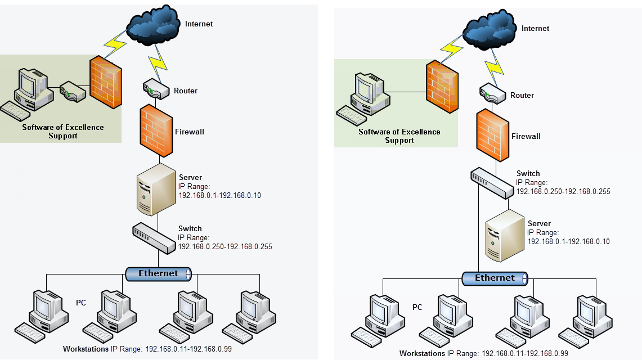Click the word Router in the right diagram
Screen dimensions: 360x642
(x=522, y=96)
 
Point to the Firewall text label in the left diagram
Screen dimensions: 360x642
(x=189, y=132)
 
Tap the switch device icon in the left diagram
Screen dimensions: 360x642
(x=154, y=237)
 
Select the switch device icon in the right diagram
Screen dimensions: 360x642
(x=491, y=182)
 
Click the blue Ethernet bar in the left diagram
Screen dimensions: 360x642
(x=158, y=274)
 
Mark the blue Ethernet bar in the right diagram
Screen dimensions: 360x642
(x=495, y=278)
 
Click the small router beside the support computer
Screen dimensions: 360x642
(x=72, y=91)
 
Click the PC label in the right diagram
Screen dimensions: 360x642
(x=417, y=307)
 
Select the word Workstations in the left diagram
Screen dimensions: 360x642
(x=86, y=349)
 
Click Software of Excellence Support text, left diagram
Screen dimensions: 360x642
(x=63, y=132)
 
